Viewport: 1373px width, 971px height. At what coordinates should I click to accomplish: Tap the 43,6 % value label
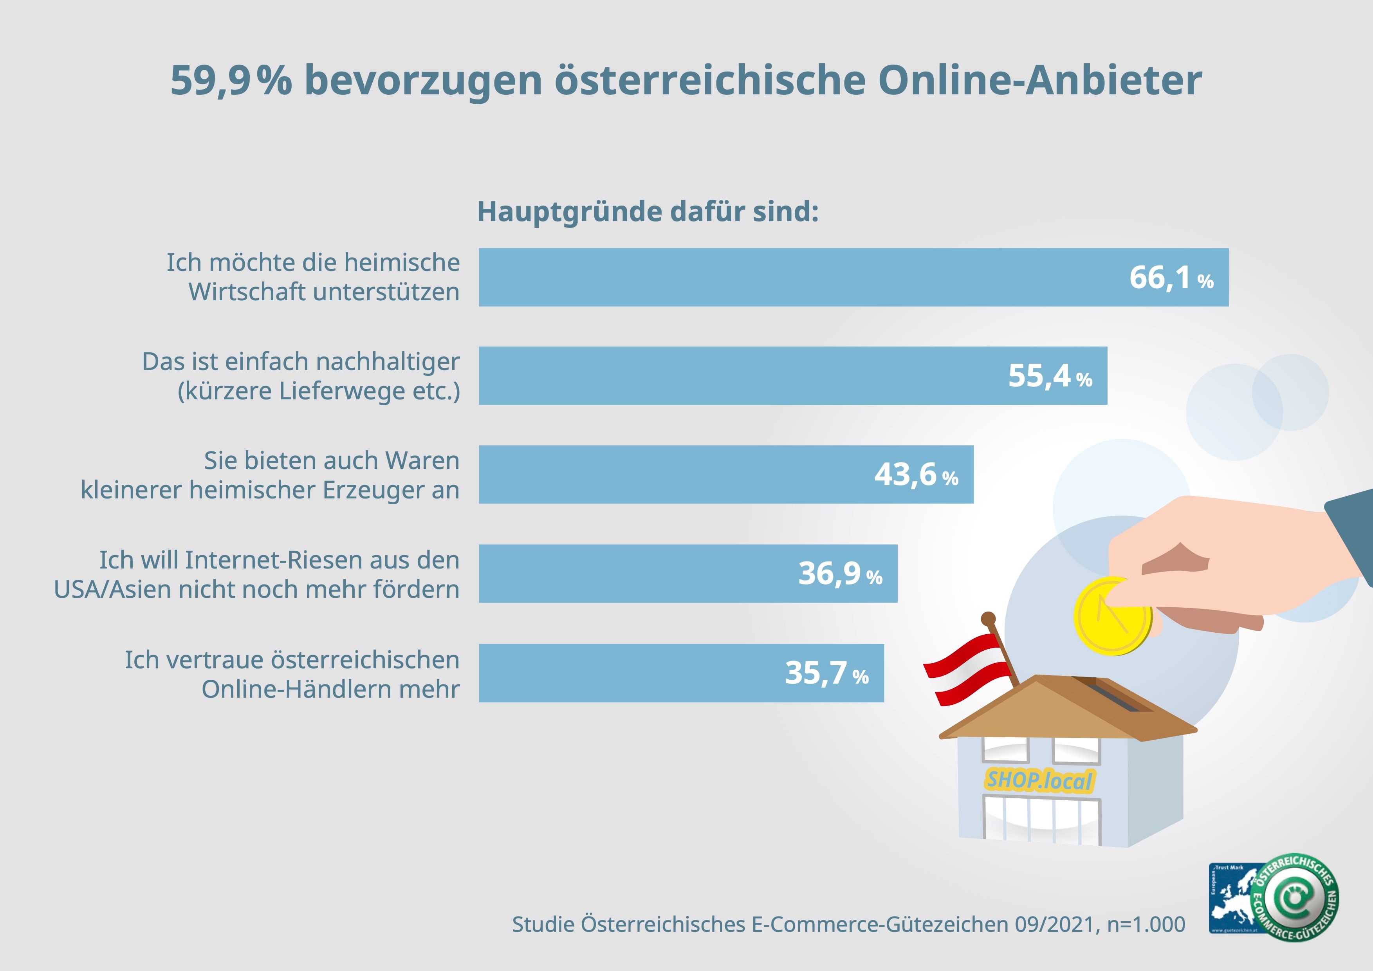point(916,475)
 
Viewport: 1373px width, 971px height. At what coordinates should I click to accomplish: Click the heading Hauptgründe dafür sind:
point(648,212)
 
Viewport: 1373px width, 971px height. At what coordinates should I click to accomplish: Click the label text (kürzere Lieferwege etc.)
point(319,391)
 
